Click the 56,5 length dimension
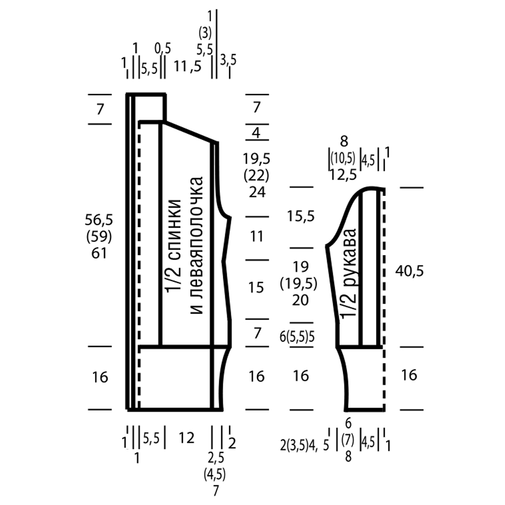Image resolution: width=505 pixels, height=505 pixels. pos(100,220)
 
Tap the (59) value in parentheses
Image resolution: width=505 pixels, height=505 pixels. pos(100,236)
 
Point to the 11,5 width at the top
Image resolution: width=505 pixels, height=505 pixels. pos(187,66)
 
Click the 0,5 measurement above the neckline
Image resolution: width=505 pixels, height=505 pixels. pos(163,48)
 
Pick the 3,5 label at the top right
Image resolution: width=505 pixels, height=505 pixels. pos(228,60)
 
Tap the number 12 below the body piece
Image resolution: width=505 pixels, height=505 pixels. pos(186,438)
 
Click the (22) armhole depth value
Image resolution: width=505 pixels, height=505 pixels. pos(257,176)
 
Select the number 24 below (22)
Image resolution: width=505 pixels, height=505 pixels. pos(257,192)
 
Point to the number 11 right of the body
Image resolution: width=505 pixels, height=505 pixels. pos(257,236)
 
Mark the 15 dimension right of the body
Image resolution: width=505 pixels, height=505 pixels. pos(257,288)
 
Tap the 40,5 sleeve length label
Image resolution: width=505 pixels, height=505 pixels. pos(409,271)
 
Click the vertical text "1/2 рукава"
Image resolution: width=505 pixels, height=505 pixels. pos(348,273)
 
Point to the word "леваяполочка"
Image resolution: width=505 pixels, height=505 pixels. pos(196,245)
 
